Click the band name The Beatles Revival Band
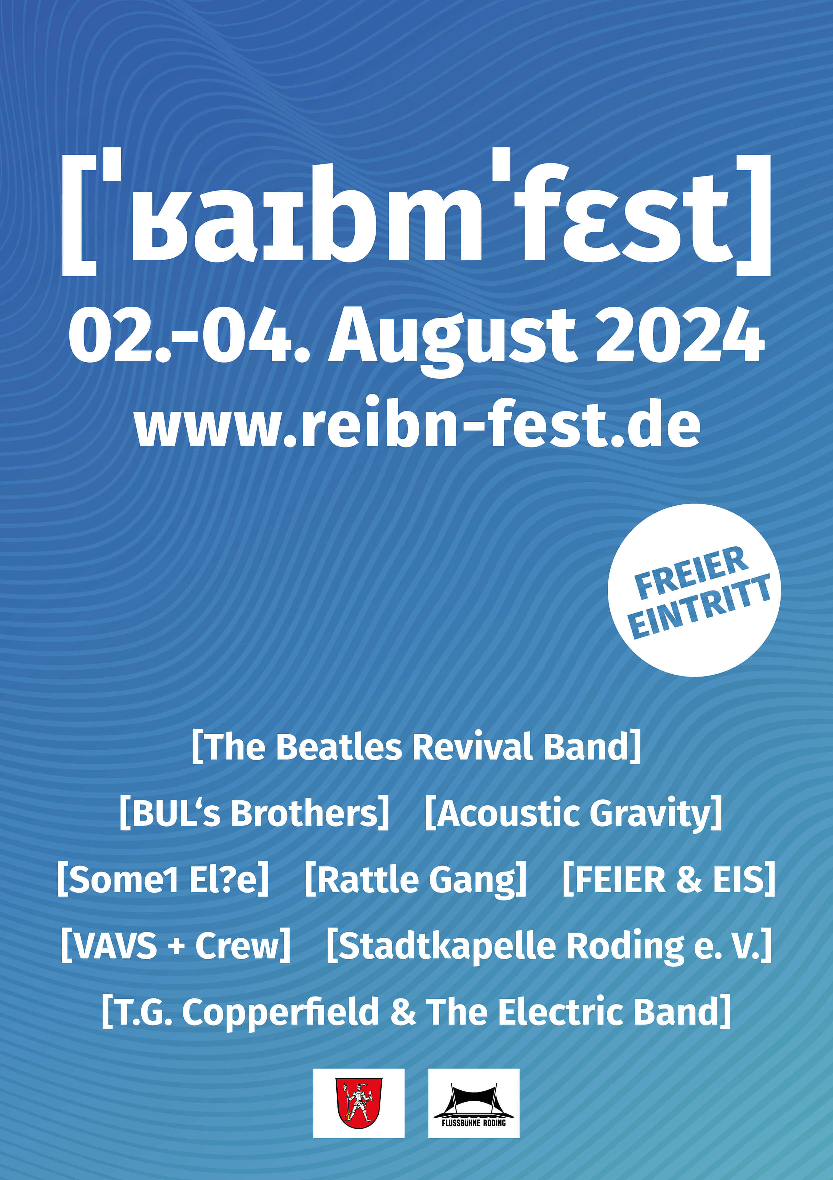[x=416, y=746]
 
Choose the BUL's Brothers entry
[x=254, y=813]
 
